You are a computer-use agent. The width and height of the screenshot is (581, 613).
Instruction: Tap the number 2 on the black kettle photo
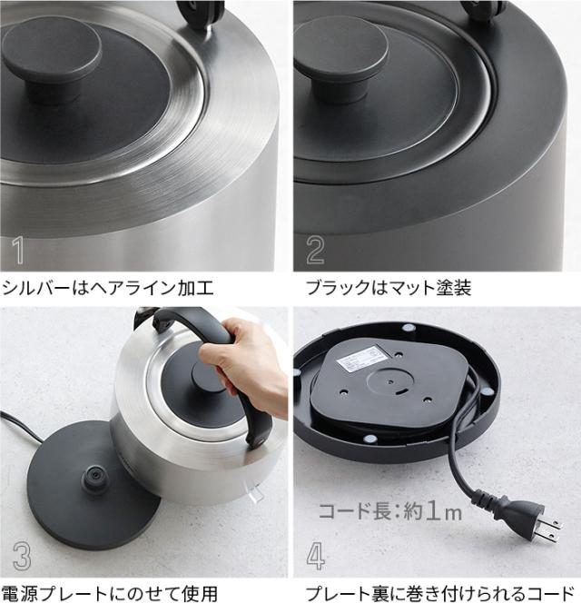[315, 250]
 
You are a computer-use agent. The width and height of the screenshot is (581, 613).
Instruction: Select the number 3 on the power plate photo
[23, 556]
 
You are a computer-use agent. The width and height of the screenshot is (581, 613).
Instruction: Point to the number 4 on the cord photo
[315, 556]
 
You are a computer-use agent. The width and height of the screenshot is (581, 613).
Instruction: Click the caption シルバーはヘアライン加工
[108, 289]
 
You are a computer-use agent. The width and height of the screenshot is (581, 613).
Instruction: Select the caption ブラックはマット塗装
[388, 289]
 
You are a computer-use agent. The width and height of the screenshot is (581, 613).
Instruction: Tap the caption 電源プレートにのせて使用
[110, 595]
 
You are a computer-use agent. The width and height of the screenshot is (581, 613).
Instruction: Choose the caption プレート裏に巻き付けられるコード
[439, 595]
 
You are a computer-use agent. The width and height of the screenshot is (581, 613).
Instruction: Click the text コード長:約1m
[389, 510]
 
